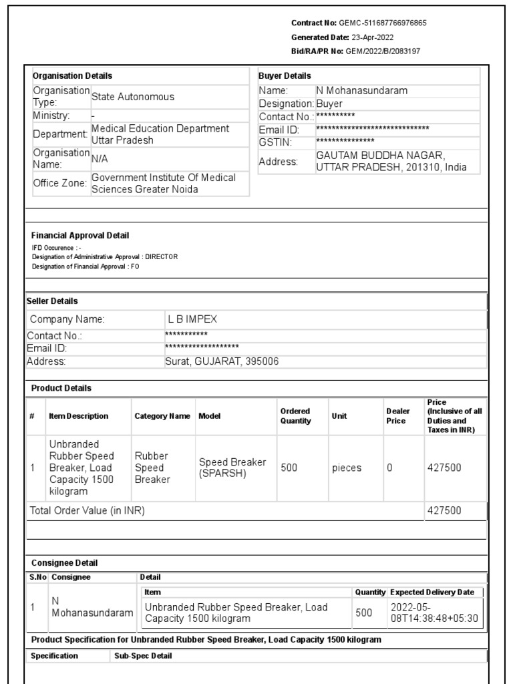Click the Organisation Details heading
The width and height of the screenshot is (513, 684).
pos(72,76)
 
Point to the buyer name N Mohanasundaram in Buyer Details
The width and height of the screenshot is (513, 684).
pos(361,90)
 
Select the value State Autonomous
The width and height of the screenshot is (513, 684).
pos(132,97)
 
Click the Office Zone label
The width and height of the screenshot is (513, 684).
pos(60,183)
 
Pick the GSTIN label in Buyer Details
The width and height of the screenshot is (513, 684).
pos(273,142)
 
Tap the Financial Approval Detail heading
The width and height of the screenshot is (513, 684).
pos(80,235)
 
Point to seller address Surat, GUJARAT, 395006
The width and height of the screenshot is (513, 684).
pos(222,361)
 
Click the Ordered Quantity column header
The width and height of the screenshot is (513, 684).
pos(295,415)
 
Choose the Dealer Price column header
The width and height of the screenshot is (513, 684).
pos(396,415)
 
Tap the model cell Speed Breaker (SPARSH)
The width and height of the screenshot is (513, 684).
pos(232,468)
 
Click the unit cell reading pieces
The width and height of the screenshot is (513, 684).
pos(347,468)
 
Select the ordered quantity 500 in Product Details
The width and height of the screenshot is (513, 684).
pos(289,468)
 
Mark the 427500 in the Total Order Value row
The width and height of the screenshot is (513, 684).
pos(444,511)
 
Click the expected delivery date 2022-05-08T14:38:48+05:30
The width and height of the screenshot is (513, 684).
pos(434,613)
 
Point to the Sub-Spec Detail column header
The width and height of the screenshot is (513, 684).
pos(143,656)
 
